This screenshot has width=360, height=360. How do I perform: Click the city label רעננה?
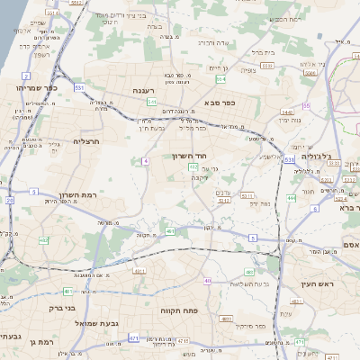coord(144,90)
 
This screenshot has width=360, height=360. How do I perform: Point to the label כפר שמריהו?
coord(36,87)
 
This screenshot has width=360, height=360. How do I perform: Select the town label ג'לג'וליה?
coord(315,155)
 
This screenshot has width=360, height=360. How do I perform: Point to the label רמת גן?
coord(41,342)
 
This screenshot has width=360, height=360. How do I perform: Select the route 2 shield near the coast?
coord(27,76)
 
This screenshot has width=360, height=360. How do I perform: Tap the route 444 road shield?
coord(291,198)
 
